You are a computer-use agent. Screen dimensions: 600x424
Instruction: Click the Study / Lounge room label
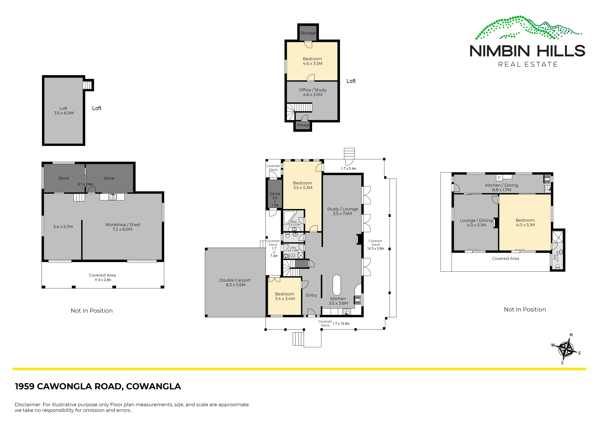click(x=342, y=211)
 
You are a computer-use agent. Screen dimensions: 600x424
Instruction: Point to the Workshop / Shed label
click(x=123, y=227)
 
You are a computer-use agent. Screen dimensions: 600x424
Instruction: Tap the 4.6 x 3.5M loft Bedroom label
click(x=312, y=61)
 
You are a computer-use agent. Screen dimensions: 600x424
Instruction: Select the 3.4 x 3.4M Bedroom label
click(x=285, y=296)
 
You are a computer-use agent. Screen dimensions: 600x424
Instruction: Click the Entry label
click(x=312, y=295)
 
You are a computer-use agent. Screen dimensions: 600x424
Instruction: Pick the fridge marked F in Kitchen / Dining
click(x=499, y=178)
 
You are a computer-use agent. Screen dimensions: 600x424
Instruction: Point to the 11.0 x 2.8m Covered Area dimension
click(x=103, y=280)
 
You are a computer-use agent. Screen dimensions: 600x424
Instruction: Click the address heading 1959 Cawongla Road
click(x=98, y=386)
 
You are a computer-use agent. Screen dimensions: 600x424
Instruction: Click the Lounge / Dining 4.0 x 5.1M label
click(x=476, y=223)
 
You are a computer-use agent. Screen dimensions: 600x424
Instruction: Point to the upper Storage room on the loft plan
click(x=308, y=33)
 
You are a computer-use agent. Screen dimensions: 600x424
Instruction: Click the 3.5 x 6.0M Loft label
click(x=64, y=111)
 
